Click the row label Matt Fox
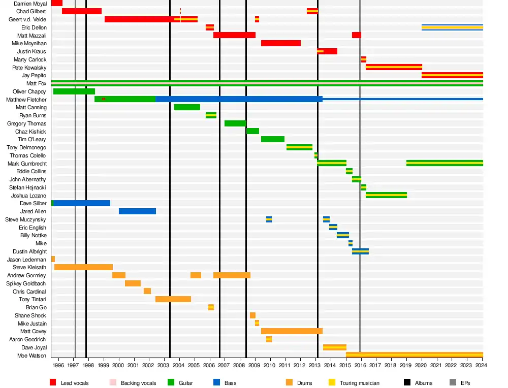point(36,83)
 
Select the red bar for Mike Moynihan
point(281,43)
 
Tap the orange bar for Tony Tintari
point(173,299)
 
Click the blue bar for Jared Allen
point(137,211)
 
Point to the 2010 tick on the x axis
point(269,365)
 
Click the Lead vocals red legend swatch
point(53,382)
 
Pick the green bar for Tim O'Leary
point(273,139)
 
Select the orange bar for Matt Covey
point(292,331)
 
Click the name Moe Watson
point(32,355)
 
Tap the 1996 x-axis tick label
point(58,365)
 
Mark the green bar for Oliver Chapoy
point(74,91)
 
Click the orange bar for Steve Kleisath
point(83,267)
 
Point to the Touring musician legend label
point(360,383)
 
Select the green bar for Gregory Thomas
point(235,123)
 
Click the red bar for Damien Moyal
point(56,3)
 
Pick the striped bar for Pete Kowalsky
point(394,67)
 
